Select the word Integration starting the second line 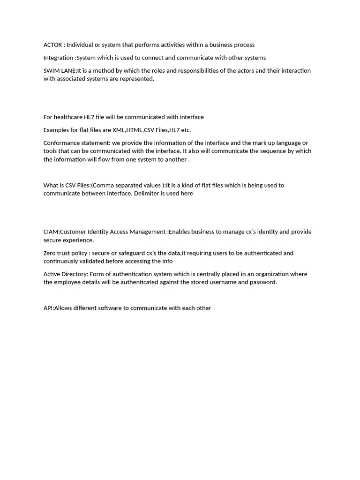58,58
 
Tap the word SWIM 51,71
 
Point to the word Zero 51,253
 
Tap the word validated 90,261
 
